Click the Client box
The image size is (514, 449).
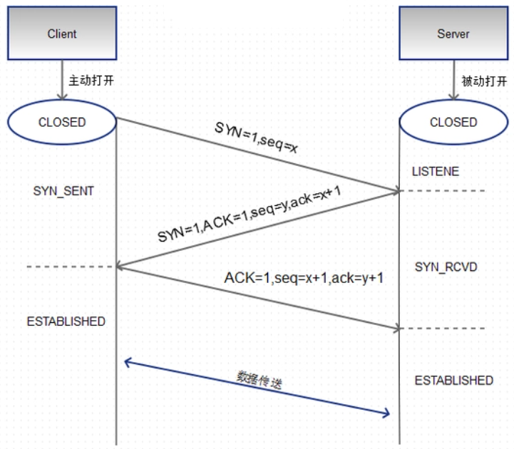click(62, 33)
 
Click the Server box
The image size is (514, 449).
click(452, 33)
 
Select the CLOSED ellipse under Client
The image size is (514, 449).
click(62, 123)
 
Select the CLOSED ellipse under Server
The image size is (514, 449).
click(453, 123)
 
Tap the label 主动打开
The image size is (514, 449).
click(91, 80)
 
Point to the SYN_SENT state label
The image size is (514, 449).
click(63, 192)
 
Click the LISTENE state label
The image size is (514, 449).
click(436, 172)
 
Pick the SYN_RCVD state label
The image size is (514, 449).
click(446, 267)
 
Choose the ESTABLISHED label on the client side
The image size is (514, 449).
click(66, 321)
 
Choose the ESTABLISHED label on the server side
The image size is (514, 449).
click(453, 381)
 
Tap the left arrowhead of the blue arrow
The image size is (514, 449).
click(128, 362)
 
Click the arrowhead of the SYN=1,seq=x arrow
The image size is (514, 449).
click(394, 190)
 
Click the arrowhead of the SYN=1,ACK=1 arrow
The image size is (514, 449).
click(120, 267)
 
